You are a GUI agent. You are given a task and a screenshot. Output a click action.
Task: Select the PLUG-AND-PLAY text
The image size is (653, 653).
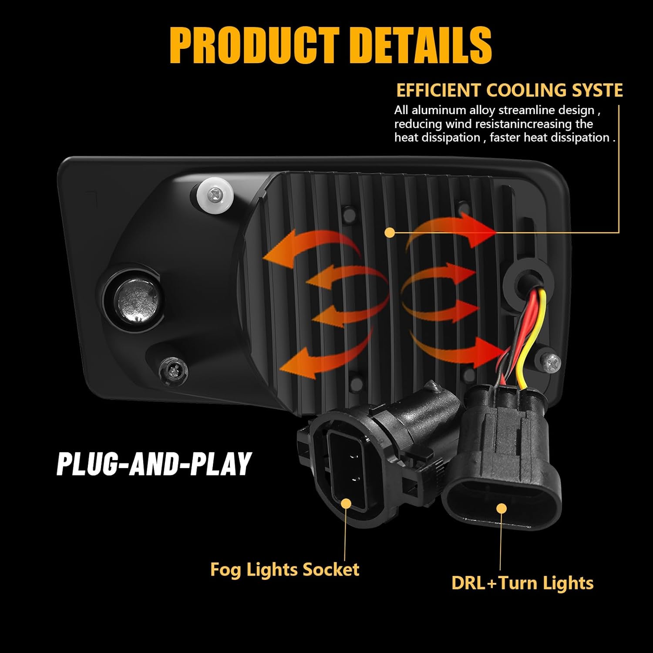pos(154,464)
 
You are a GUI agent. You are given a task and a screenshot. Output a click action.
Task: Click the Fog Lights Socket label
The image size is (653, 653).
pos(285,569)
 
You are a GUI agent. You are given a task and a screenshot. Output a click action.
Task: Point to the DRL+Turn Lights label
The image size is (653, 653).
pos(522,583)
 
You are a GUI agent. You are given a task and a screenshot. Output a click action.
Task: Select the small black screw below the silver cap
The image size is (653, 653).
pos(173,370)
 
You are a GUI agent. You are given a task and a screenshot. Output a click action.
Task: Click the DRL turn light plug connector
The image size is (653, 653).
pos(501,461)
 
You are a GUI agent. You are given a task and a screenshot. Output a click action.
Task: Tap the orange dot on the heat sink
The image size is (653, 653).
pos(390,233)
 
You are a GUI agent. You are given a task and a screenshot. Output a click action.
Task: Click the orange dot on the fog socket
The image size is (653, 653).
pos(346,504)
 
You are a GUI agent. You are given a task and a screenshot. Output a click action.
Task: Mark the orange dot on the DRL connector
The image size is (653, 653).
pos(502,508)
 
